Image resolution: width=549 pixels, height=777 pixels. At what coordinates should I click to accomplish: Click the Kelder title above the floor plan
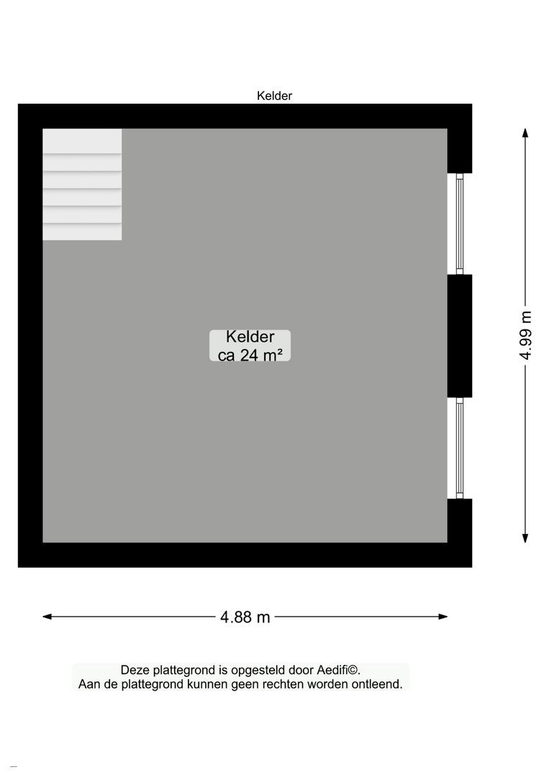click(x=274, y=96)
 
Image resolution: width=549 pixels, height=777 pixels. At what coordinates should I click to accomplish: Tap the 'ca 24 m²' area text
click(x=250, y=354)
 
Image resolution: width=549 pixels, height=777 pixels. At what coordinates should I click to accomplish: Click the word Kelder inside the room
click(x=250, y=337)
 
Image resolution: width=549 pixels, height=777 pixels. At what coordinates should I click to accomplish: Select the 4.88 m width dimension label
click(x=245, y=617)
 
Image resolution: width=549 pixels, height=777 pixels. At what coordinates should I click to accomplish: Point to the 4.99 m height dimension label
click(x=526, y=335)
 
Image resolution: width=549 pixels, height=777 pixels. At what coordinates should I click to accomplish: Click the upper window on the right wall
click(x=459, y=224)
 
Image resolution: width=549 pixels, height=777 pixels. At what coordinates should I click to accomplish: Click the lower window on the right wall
click(x=459, y=448)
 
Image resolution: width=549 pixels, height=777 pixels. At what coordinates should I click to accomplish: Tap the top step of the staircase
click(x=82, y=141)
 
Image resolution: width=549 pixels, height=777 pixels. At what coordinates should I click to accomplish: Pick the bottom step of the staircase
click(x=82, y=232)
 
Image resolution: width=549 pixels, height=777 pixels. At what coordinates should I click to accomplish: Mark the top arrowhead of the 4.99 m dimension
click(x=526, y=133)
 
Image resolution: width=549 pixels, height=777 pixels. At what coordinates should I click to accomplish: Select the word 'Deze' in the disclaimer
click(x=135, y=670)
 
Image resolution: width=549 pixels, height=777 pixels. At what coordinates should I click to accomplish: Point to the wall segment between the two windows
click(x=459, y=336)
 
